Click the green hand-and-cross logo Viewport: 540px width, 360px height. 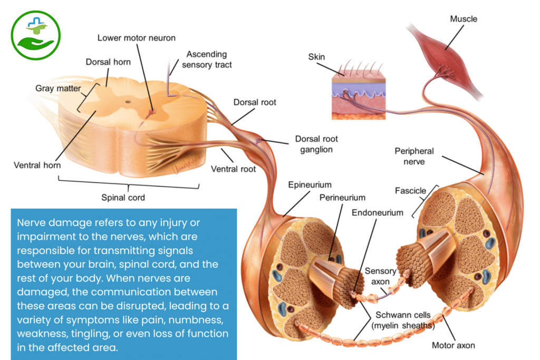tap(36, 36)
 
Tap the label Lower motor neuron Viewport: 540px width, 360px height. tap(137, 38)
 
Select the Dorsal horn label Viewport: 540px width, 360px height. tap(108, 62)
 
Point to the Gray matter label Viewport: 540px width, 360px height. tap(58, 88)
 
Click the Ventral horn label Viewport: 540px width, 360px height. tap(37, 166)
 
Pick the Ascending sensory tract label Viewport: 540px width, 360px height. tap(207, 59)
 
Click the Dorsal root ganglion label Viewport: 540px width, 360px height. tap(316, 144)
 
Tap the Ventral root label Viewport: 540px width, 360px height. tap(233, 169)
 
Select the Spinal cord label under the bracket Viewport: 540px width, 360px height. tap(123, 198)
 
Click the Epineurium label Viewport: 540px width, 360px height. tap(310, 185)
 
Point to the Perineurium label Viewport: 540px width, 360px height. tap(342, 198)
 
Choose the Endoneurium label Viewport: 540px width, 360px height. tap(377, 213)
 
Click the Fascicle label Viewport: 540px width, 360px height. tap(410, 191)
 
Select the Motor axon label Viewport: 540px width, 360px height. tap(454, 345)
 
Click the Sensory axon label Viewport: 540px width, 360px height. tap(380, 276)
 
